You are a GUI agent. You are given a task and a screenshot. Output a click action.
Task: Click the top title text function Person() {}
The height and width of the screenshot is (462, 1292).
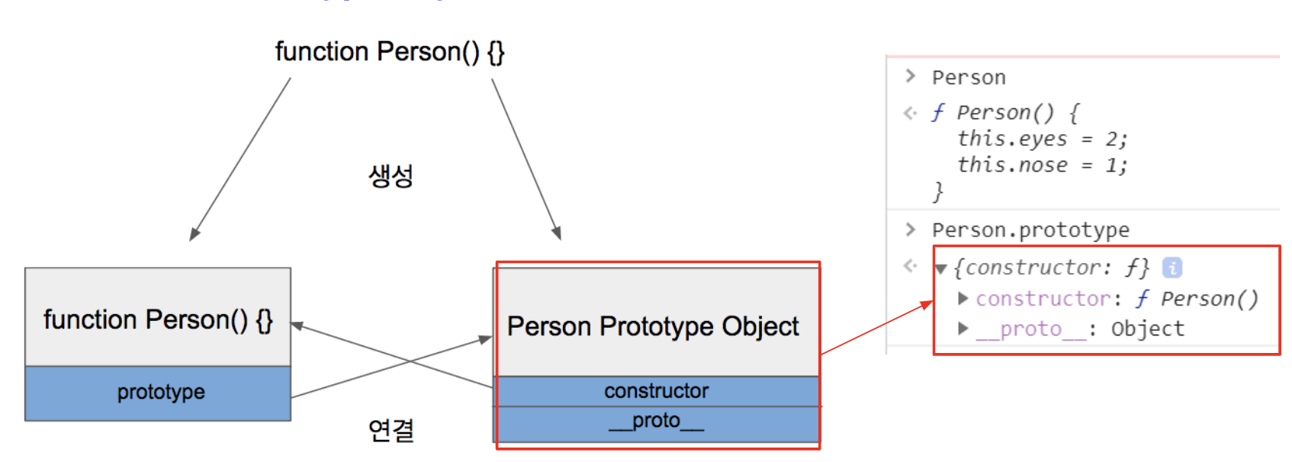point(390,52)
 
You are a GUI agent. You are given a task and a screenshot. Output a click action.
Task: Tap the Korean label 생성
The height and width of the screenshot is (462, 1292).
point(390,176)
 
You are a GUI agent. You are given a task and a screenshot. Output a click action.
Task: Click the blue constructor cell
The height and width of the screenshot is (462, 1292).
point(656,391)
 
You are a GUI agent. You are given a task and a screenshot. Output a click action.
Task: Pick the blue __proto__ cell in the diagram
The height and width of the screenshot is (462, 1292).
point(656,422)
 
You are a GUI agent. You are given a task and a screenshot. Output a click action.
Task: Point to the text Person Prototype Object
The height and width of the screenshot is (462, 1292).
point(653,326)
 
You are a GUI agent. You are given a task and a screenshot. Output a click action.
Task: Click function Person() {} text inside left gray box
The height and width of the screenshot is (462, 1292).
point(158,320)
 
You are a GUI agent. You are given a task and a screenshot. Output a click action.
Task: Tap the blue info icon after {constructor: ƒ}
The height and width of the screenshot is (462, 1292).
point(1171,268)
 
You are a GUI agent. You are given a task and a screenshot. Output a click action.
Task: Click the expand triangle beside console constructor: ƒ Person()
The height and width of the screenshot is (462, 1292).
point(963,299)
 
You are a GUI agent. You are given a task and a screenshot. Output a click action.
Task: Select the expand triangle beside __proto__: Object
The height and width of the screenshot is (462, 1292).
point(963,329)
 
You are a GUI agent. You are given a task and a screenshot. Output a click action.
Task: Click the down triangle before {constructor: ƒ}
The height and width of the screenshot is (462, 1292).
point(941,268)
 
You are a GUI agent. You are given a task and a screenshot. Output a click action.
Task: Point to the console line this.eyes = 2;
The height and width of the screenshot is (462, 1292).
point(1042,139)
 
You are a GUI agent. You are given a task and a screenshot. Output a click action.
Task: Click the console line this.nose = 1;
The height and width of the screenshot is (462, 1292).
point(1042,165)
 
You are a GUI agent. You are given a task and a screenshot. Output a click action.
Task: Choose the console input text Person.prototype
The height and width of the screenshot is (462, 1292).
point(1030,229)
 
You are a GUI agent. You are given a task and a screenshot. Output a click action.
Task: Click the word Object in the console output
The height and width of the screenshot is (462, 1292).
point(1147,329)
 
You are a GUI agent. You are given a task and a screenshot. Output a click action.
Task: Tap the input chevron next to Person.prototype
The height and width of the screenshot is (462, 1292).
point(910,229)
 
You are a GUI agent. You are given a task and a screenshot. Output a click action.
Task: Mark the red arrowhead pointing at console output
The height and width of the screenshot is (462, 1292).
point(927,305)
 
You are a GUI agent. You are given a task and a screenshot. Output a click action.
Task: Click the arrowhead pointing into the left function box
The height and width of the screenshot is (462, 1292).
point(297,326)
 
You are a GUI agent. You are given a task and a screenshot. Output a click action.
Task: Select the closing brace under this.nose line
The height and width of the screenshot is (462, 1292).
point(938,191)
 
